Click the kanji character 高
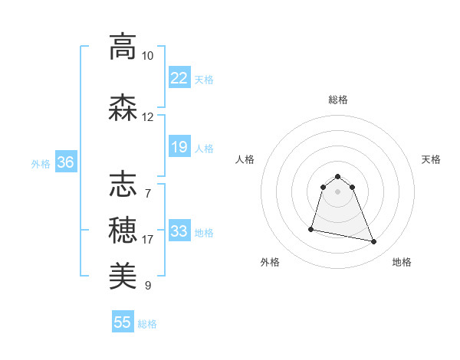tap(123, 47)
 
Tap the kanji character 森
tap(123, 108)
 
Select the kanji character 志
tap(123, 185)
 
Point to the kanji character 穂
tap(123, 230)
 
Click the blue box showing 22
tap(179, 78)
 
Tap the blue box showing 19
tap(179, 147)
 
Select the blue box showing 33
tap(179, 231)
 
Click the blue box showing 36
tap(65, 162)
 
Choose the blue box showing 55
tap(123, 322)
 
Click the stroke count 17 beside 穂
tap(148, 240)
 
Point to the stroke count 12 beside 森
tap(148, 117)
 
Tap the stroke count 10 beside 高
tap(148, 56)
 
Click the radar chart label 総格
tap(338, 100)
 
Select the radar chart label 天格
tap(432, 159)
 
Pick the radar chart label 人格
tap(245, 159)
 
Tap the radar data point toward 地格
tap(374, 242)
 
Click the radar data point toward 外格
tap(311, 228)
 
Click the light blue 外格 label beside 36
tap(41, 163)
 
